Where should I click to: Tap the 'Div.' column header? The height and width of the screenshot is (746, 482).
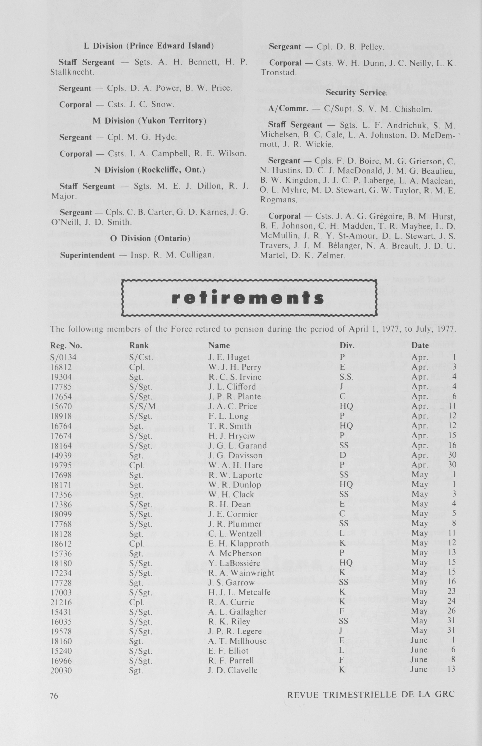[347, 345]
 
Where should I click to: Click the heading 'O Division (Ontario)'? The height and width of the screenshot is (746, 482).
[150, 238]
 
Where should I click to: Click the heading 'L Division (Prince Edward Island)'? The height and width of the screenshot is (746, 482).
[149, 46]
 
